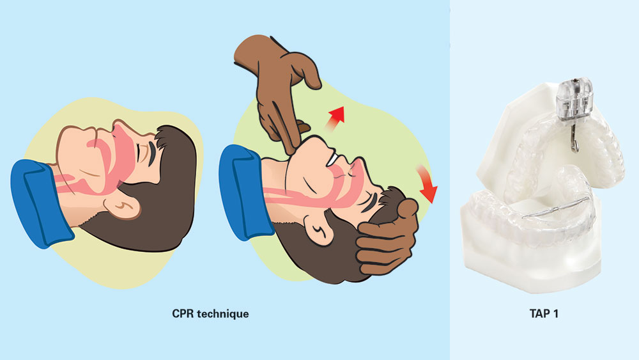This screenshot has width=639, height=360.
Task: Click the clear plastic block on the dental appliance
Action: (x=576, y=102)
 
